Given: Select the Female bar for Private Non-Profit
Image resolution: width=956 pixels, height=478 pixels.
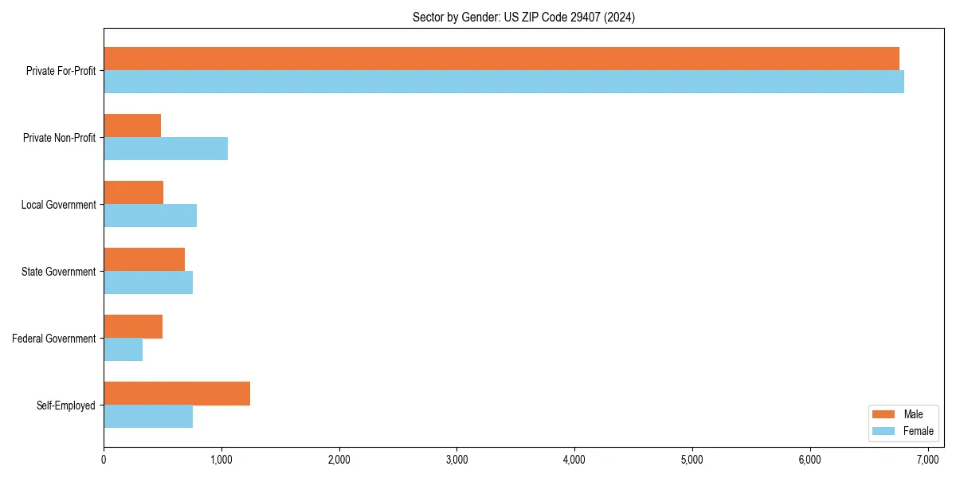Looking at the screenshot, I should click(166, 149).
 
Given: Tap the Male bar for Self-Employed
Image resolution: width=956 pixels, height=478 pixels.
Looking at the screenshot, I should click(177, 394).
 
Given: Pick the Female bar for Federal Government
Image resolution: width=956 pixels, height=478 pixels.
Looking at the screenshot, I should click(123, 350).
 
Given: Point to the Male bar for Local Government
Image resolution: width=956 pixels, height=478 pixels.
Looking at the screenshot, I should click(134, 193).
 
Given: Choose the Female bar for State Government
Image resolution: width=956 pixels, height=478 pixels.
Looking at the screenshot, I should click(148, 283).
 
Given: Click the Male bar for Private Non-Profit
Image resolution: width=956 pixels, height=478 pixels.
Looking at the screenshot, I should click(132, 126).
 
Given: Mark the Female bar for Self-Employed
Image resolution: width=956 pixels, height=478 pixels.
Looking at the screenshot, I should click(148, 417).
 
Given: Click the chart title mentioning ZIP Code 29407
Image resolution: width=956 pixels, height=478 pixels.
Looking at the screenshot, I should click(523, 17).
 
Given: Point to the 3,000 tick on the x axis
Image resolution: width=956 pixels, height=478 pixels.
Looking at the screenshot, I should click(456, 460).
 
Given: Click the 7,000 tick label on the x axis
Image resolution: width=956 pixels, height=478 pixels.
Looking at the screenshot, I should click(928, 460).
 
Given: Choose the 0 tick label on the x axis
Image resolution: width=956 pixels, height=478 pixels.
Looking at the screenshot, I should click(104, 460).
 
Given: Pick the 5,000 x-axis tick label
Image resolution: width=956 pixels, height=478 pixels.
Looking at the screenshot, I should click(692, 460).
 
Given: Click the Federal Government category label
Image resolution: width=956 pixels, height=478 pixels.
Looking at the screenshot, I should click(54, 339).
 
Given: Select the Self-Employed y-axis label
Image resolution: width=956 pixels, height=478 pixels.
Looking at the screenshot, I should click(66, 406).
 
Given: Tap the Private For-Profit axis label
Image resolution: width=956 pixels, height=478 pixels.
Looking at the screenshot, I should click(61, 71).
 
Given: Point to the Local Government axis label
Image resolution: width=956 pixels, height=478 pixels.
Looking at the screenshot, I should click(58, 205).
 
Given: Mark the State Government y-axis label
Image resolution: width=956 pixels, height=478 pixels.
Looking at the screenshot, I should click(59, 272).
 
